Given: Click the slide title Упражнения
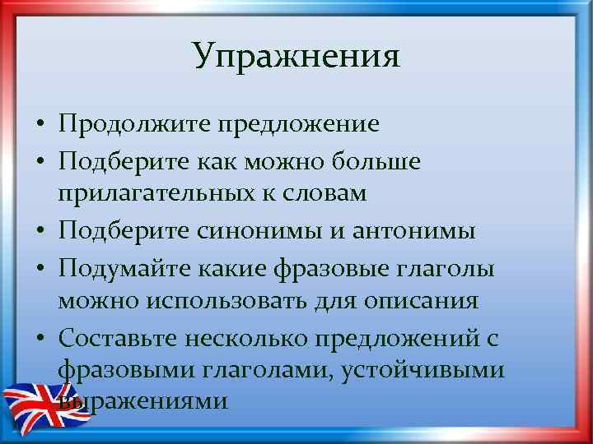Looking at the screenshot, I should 296,56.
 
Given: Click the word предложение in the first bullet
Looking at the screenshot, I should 297,125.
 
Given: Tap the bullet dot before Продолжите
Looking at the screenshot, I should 40,127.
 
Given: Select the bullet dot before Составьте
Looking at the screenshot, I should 40,337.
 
